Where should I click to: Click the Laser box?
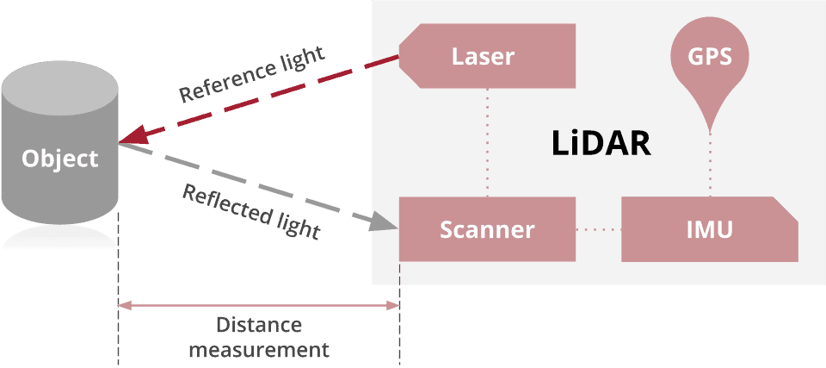tap(487, 57)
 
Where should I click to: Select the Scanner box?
tap(487, 230)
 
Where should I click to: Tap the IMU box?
tap(709, 230)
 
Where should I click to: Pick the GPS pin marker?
tap(710, 60)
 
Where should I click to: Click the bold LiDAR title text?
tap(600, 143)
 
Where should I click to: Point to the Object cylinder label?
tap(60, 159)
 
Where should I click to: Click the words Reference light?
tap(252, 75)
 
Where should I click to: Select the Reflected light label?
tap(251, 212)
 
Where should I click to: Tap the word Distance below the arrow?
tap(259, 326)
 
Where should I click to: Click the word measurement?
tap(259, 350)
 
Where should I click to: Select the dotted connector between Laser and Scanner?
tap(487, 142)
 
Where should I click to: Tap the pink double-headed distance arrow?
tap(259, 305)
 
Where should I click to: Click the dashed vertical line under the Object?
tap(118, 302)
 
